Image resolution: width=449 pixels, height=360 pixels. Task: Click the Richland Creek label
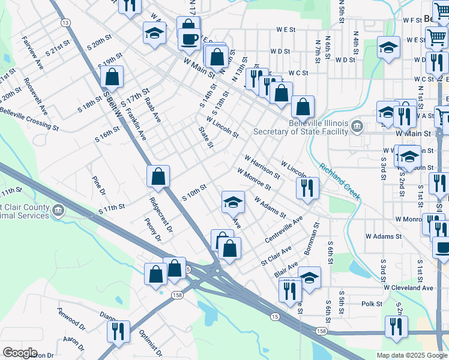340,181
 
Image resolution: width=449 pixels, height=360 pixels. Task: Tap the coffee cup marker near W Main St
189,40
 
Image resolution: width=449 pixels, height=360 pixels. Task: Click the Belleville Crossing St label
29,118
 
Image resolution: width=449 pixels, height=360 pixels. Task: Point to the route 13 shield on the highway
65,22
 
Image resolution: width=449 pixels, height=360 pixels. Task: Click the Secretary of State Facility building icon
357,126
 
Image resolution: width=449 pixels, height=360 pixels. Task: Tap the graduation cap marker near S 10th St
233,203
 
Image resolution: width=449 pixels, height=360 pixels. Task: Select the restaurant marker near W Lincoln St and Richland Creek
307,188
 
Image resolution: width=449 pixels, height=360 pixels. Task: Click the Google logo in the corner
19,353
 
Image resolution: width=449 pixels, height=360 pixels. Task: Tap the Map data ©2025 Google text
412,355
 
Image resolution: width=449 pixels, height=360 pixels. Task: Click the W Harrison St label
262,167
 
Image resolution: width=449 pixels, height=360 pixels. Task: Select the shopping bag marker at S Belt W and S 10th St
158,177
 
